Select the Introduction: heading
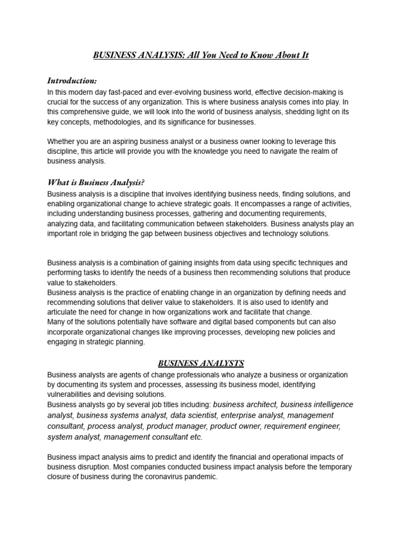click(72, 81)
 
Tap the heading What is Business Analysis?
click(96, 182)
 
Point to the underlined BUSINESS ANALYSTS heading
click(201, 363)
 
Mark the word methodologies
click(113, 122)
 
